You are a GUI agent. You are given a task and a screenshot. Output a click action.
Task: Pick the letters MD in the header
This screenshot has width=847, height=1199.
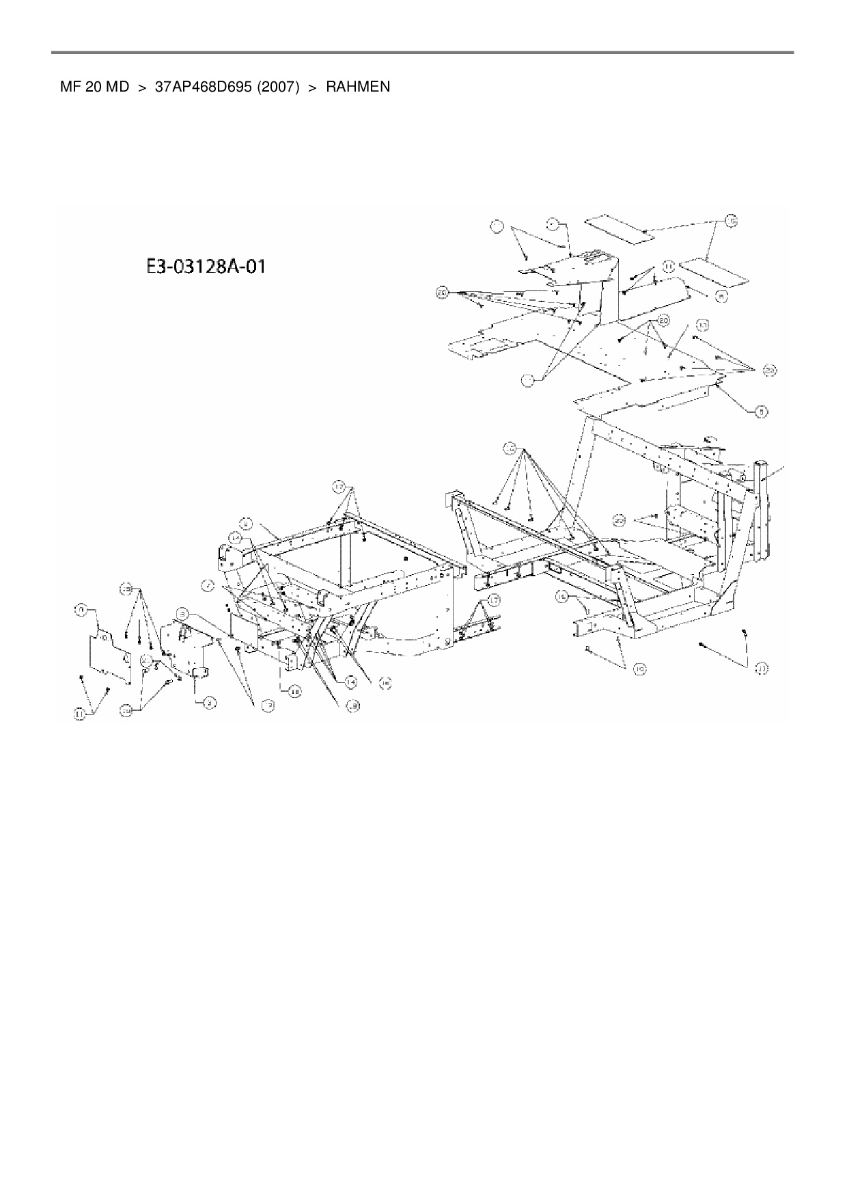coord(116,87)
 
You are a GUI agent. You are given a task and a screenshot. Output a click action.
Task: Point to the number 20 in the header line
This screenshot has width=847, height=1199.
coord(93,87)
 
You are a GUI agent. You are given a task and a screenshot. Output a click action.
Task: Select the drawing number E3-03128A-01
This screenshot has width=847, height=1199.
coord(206,266)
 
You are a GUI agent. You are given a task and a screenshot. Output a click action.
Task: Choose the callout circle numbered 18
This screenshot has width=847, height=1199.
coord(294,692)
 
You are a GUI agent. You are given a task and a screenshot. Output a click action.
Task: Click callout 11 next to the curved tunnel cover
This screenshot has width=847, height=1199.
coord(669,265)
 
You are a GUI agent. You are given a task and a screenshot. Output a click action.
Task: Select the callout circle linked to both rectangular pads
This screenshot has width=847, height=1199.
coord(731,221)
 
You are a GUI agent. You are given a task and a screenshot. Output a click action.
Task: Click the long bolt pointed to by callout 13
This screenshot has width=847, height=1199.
coord(703,645)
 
